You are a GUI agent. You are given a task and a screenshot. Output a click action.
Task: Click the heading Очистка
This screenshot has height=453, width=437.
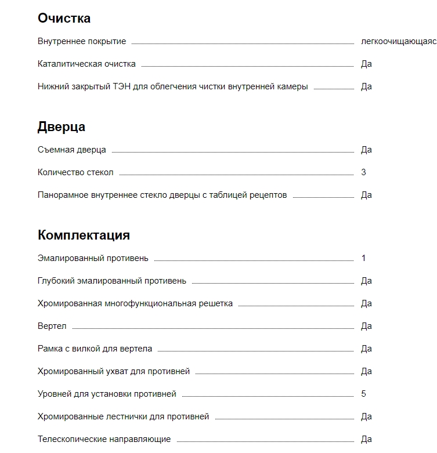(64, 18)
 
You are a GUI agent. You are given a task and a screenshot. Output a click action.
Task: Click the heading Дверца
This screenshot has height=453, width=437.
(62, 126)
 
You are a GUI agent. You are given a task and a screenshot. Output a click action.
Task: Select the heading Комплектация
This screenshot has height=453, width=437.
(84, 235)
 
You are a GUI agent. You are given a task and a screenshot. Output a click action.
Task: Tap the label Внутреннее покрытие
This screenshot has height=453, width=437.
(82, 42)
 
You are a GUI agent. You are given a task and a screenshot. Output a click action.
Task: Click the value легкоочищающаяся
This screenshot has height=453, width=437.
(398, 42)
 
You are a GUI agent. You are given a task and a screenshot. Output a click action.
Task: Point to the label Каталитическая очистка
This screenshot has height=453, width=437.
(86, 64)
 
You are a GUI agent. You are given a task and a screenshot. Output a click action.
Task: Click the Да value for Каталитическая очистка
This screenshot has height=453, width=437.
(366, 64)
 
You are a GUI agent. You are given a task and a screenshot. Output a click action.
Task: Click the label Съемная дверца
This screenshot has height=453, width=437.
(72, 150)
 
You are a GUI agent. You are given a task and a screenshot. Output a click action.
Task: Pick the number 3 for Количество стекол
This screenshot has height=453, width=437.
(363, 172)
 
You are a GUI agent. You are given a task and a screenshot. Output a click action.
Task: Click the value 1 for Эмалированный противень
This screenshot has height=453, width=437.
(363, 258)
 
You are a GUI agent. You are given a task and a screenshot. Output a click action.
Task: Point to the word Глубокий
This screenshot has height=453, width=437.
(55, 281)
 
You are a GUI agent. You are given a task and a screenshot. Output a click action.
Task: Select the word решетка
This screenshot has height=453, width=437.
(215, 303)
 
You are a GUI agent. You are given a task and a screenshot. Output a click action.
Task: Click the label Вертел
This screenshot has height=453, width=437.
(52, 326)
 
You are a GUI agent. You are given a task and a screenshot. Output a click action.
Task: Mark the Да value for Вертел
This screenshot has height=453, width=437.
(366, 326)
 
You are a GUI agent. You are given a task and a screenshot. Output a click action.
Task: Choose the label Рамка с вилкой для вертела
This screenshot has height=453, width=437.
(95, 349)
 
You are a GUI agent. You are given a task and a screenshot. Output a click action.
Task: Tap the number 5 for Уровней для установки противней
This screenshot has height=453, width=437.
(363, 394)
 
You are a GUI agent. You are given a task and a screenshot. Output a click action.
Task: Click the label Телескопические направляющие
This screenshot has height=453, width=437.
(104, 439)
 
